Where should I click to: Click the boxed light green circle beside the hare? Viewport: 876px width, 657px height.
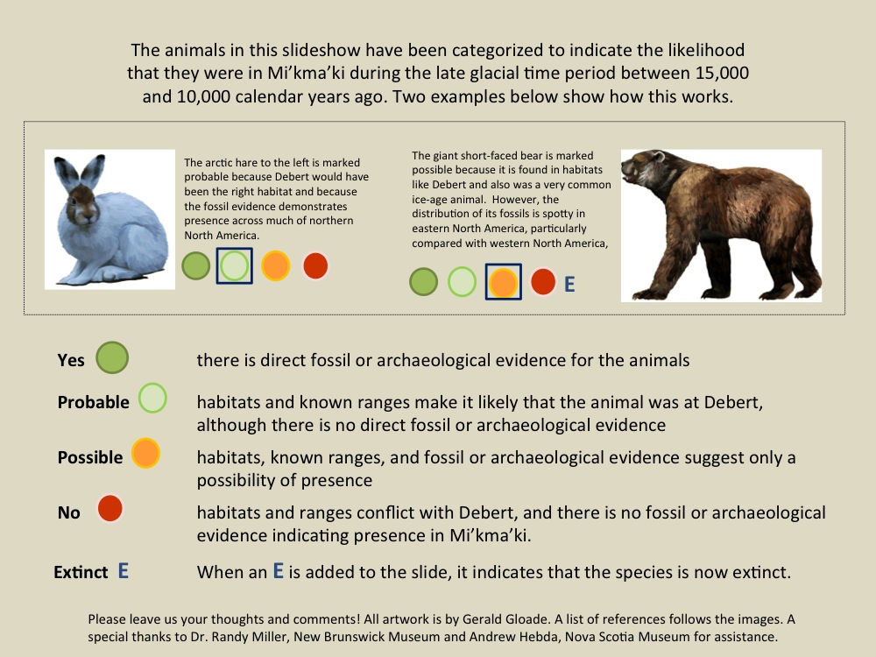pyautogui.click(x=234, y=266)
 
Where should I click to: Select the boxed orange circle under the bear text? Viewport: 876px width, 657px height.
pyautogui.click(x=503, y=282)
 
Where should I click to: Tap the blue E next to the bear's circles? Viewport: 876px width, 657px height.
pyautogui.click(x=569, y=284)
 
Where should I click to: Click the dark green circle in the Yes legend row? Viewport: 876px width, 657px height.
pyautogui.click(x=112, y=357)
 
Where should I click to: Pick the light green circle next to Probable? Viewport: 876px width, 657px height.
pyautogui.click(x=152, y=398)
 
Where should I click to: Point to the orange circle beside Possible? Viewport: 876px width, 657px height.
pyautogui.click(x=145, y=453)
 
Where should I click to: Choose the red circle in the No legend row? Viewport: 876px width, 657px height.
pyautogui.click(x=110, y=508)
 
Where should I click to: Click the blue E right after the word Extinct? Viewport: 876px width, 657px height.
pyautogui.click(x=124, y=571)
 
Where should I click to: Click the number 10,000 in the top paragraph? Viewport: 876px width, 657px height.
pyautogui.click(x=203, y=96)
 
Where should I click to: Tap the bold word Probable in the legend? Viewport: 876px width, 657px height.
pyautogui.click(x=94, y=402)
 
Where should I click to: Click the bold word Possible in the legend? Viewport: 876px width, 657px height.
pyautogui.click(x=90, y=457)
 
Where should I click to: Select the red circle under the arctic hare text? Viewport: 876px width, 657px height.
pyautogui.click(x=315, y=266)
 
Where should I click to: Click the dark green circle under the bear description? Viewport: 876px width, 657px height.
pyautogui.click(x=423, y=281)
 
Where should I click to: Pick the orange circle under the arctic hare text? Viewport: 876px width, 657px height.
pyautogui.click(x=275, y=266)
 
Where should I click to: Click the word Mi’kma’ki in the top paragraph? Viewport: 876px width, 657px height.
pyautogui.click(x=306, y=74)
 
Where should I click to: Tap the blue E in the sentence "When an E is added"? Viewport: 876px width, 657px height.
pyautogui.click(x=279, y=571)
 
